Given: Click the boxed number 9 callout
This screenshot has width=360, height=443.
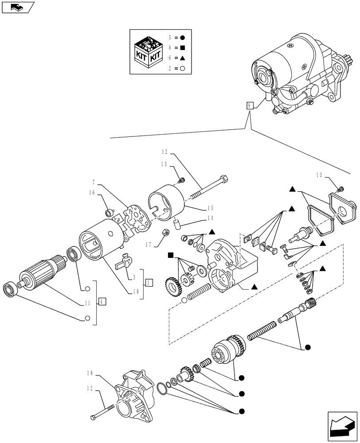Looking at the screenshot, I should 250,105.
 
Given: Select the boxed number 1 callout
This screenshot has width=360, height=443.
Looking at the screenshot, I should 149,282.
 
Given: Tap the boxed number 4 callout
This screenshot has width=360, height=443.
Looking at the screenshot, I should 102,302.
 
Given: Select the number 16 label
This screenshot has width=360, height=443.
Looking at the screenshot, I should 92,193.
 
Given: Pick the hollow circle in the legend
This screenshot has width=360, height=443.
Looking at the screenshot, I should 182,69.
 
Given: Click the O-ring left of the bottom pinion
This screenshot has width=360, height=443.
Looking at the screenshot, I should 163,389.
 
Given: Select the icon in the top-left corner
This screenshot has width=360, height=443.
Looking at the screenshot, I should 18,7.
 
